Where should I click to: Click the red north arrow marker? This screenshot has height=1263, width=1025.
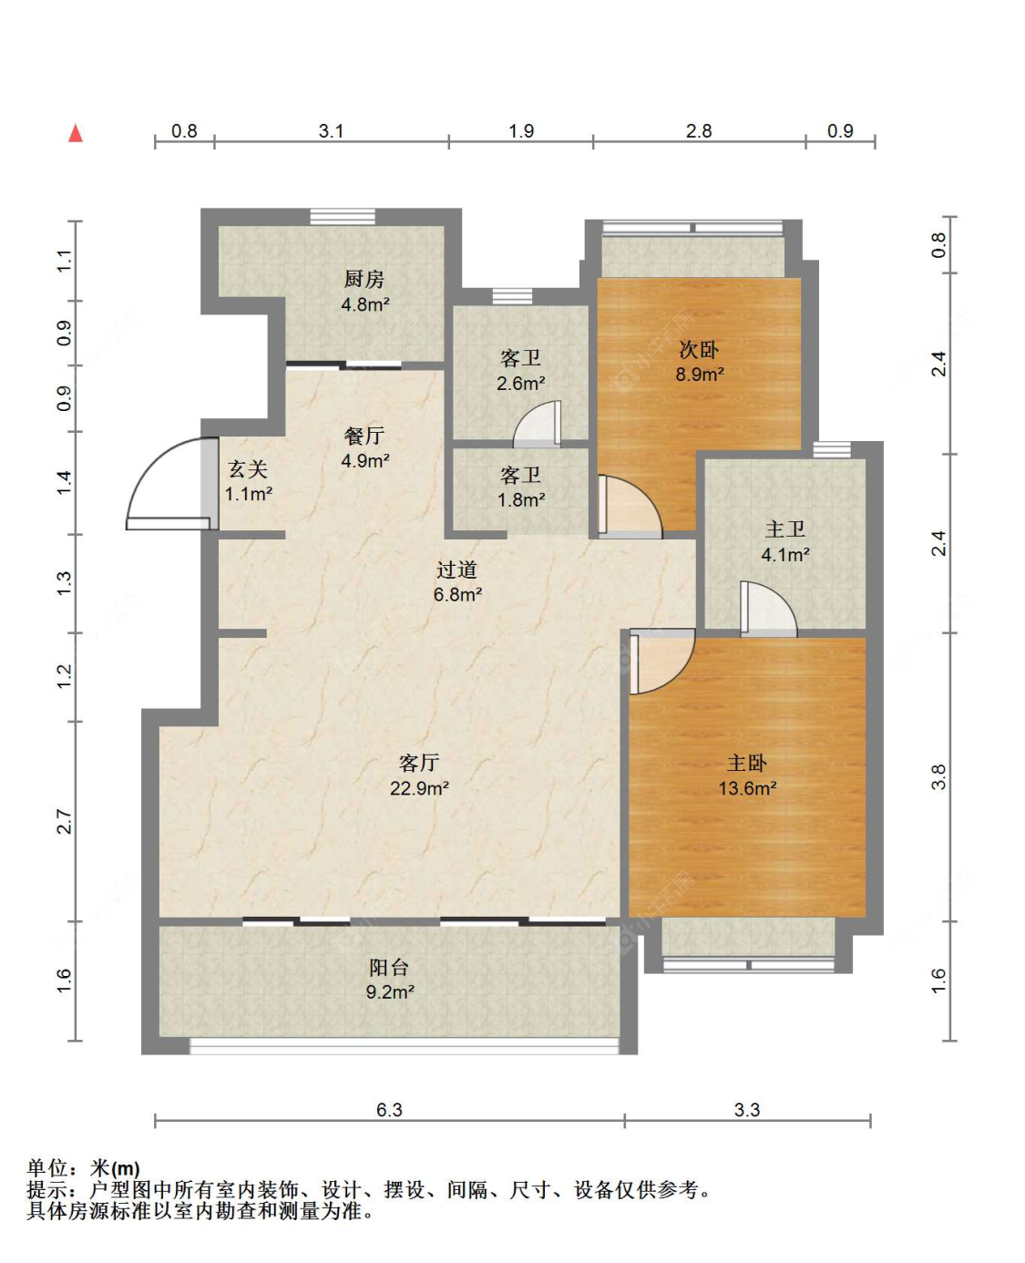coord(76,133)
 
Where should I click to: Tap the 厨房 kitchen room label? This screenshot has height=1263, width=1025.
coord(364,279)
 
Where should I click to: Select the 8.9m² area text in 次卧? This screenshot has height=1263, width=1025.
coord(700,375)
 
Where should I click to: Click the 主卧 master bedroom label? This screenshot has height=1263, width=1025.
coord(747,763)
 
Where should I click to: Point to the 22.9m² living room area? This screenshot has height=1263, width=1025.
coord(419,788)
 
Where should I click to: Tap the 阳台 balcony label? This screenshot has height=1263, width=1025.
coord(389,967)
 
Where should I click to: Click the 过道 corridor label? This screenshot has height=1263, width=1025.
coord(456,570)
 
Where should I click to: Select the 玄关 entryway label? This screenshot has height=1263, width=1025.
coord(248,469)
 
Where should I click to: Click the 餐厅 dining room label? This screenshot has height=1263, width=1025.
coord(364,436)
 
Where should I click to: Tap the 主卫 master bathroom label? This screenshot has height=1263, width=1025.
coord(784,529)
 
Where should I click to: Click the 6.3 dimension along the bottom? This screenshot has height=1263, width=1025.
coord(389,1109)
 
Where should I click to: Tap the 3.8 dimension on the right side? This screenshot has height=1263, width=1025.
coord(938,777)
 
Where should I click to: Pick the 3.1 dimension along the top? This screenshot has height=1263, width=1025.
coord(331,131)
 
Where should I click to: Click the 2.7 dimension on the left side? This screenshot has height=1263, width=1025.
coord(64,821)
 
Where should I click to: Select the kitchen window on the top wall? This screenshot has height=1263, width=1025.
coord(343,217)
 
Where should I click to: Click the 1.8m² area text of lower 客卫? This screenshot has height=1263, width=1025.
coord(521,500)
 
